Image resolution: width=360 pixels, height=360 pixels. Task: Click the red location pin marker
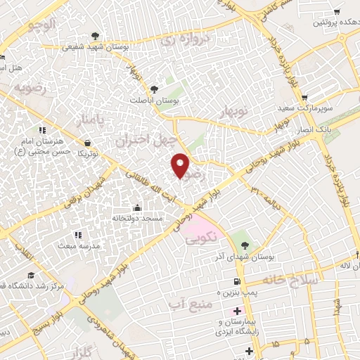pos(181,165)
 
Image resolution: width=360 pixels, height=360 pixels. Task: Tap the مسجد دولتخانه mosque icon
pos(136,208)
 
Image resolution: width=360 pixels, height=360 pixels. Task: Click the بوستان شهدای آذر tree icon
pos(245,245)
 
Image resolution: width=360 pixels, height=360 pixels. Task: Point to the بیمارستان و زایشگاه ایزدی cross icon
pos(237,311)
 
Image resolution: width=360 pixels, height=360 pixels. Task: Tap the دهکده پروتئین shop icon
pos(337,12)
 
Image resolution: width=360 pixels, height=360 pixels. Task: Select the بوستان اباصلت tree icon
pos(153,89)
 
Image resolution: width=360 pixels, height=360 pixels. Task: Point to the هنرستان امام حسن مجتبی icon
pos(42,130)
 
